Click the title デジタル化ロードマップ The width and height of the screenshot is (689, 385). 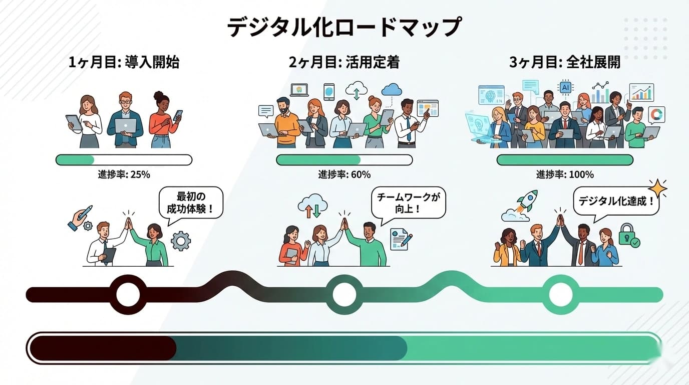(343, 27)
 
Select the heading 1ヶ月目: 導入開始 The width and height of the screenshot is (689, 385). (124, 63)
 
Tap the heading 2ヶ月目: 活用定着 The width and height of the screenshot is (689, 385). (344, 63)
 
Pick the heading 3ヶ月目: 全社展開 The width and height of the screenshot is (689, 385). (564, 63)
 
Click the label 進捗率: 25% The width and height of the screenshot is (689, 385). (124, 175)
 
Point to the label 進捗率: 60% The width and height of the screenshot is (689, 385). (344, 175)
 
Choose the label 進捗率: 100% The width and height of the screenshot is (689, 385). (565, 175)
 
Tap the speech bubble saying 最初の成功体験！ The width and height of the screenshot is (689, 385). (191, 203)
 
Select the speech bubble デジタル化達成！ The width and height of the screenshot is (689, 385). (616, 202)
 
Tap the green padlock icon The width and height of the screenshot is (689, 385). (627, 235)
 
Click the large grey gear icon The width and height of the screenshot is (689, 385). (180, 241)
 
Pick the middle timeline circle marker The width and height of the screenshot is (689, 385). (344, 294)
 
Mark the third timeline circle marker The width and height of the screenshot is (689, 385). (560, 294)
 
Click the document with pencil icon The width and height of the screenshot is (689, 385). (401, 239)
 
